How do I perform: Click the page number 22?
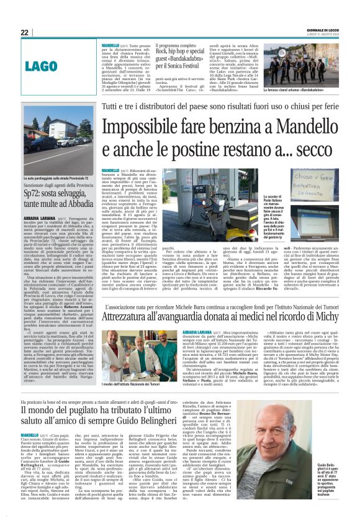pyautogui.click(x=25, y=32)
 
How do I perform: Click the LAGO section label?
pyautogui.click(x=59, y=65)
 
